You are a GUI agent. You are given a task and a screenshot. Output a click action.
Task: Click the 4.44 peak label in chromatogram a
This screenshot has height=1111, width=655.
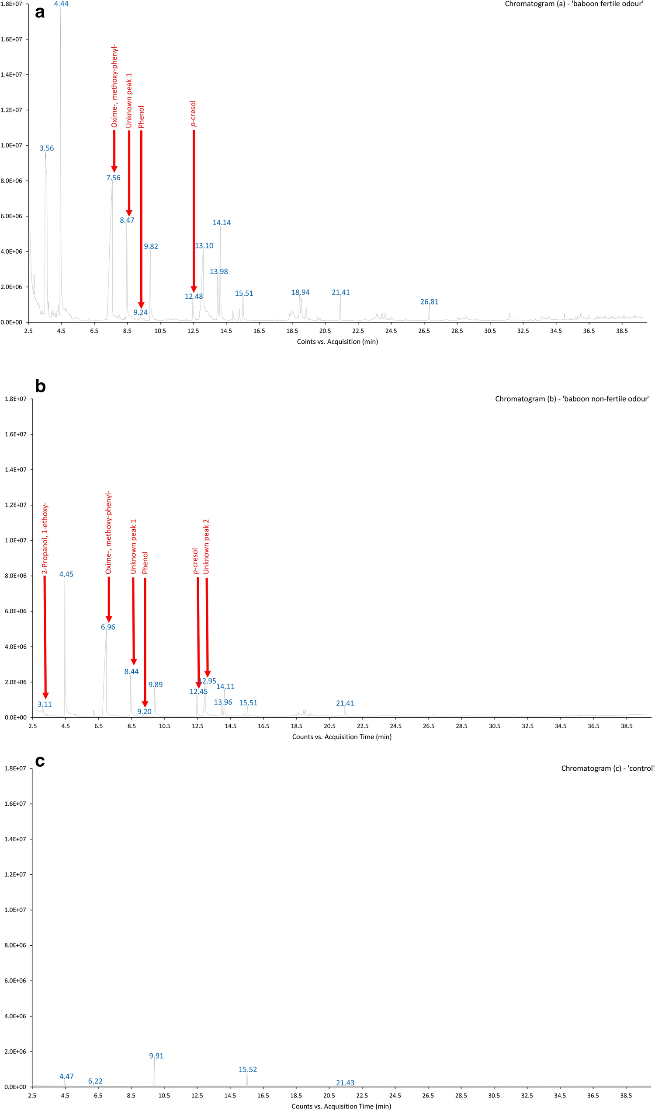[61, 4]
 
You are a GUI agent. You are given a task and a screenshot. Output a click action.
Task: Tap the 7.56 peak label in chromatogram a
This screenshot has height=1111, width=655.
[114, 178]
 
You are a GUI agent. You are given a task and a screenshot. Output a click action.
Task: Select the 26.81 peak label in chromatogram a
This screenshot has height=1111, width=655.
[429, 302]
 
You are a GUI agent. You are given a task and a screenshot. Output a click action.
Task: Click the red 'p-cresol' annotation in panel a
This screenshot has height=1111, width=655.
[193, 114]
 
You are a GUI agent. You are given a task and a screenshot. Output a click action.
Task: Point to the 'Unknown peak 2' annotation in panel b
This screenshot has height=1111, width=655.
[206, 546]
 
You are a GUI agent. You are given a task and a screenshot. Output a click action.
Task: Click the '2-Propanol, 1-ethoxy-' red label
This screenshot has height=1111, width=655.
[45, 538]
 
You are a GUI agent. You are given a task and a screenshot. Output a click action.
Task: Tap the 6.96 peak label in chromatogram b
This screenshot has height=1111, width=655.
[108, 627]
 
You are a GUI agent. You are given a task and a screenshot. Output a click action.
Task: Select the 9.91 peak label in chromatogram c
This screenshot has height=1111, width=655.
[156, 1056]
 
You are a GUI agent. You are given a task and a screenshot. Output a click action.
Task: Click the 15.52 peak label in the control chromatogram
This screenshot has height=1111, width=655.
[248, 1069]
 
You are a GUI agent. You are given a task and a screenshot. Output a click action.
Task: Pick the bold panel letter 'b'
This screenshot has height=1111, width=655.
[40, 387]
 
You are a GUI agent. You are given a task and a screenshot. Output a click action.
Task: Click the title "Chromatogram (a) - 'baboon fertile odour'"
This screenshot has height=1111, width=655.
[574, 4]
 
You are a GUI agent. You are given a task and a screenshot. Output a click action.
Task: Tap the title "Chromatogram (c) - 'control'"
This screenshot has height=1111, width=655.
[607, 768]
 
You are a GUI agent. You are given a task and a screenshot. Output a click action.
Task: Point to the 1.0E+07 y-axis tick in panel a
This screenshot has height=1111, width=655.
[11, 145]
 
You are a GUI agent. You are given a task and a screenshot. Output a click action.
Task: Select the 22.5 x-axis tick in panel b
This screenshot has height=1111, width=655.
[362, 726]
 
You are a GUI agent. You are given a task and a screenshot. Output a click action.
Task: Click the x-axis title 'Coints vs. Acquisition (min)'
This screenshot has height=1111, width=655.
[337, 342]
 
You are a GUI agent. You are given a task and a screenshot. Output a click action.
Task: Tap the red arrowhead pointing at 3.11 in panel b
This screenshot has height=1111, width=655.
[45, 696]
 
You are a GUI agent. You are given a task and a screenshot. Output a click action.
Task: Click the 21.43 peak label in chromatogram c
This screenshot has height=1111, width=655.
[345, 1083]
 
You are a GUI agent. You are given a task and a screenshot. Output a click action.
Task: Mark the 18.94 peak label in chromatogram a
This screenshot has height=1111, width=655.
[300, 292]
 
